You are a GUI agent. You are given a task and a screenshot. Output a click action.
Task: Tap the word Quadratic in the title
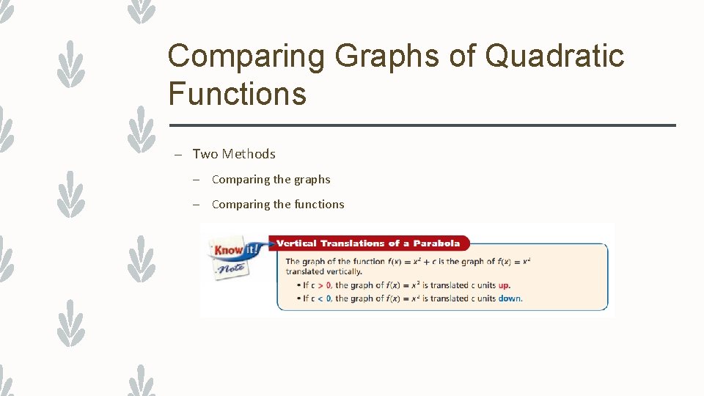coord(554,56)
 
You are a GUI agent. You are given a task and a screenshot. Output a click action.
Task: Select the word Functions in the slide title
coord(237,94)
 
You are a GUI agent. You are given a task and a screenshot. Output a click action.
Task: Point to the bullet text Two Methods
coord(234,154)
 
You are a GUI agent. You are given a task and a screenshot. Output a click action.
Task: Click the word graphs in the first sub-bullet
coord(311,180)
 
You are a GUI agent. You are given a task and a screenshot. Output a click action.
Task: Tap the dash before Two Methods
coord(177,155)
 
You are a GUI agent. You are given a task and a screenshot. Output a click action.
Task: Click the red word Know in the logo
coord(227,250)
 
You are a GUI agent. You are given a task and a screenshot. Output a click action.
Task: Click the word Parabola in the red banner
coord(436,243)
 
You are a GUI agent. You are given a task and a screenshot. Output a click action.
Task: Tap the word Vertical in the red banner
coord(296,243)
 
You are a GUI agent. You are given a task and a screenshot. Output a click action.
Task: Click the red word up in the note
coord(504,285)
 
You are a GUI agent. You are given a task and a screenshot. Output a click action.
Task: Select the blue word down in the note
coord(510,298)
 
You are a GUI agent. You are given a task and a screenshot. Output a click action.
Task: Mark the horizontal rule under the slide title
coord(422,125)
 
